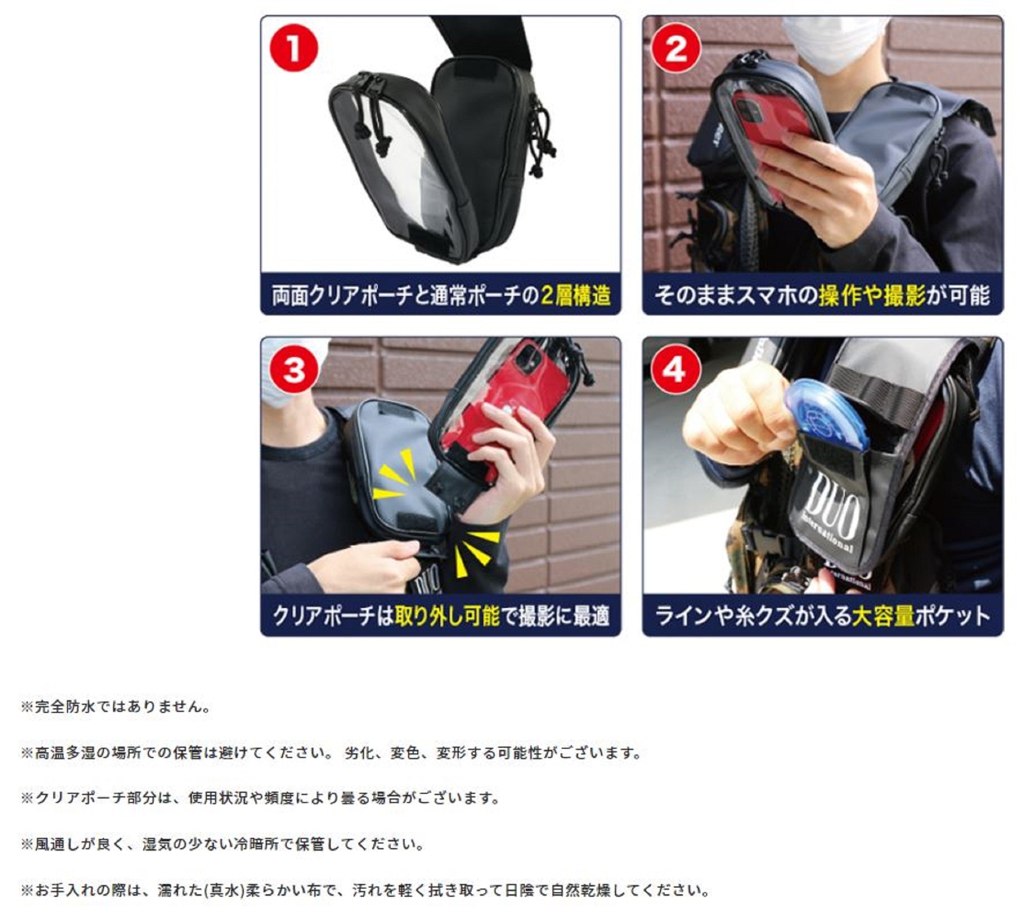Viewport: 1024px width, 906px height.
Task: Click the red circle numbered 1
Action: click(x=294, y=49)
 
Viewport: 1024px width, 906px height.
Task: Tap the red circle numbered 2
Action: click(x=676, y=49)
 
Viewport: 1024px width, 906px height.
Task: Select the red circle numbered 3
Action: click(x=294, y=370)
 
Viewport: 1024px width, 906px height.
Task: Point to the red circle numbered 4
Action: click(x=676, y=370)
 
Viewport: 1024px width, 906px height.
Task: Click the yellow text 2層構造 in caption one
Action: click(x=576, y=296)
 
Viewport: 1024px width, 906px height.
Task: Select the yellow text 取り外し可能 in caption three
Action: click(x=447, y=616)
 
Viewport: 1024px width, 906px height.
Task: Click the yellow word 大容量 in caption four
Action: click(x=884, y=616)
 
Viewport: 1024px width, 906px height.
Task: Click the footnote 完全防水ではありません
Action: click(x=116, y=707)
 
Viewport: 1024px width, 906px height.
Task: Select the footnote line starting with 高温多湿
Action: click(x=331, y=753)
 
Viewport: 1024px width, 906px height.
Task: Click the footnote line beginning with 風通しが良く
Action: click(x=222, y=844)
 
